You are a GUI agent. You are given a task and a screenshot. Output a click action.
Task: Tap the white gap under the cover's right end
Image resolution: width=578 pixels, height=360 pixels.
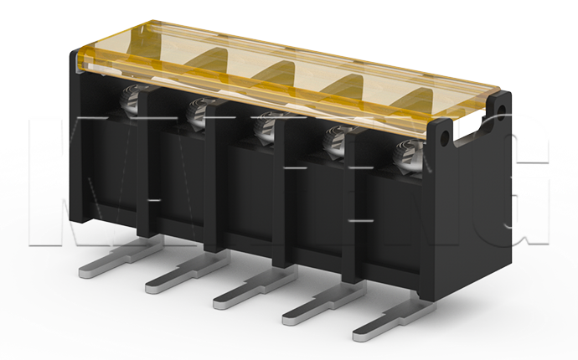[x=469, y=128]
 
